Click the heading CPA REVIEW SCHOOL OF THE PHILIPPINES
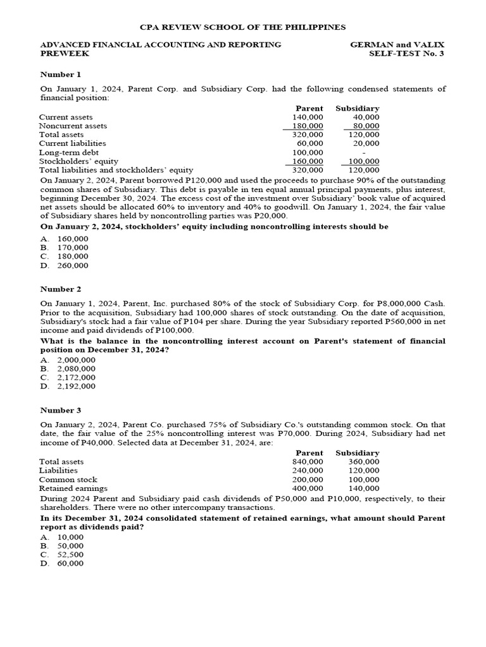242,27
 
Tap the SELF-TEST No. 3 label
407,54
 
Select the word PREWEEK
65,54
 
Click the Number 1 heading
61,75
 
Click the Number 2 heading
61,289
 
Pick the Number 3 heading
61,410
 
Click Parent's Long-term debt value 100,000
308,152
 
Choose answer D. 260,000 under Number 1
65,265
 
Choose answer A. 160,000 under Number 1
65,239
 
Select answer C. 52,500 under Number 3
62,554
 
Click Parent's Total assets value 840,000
308,462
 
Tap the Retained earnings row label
73,488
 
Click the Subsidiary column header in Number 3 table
358,453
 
